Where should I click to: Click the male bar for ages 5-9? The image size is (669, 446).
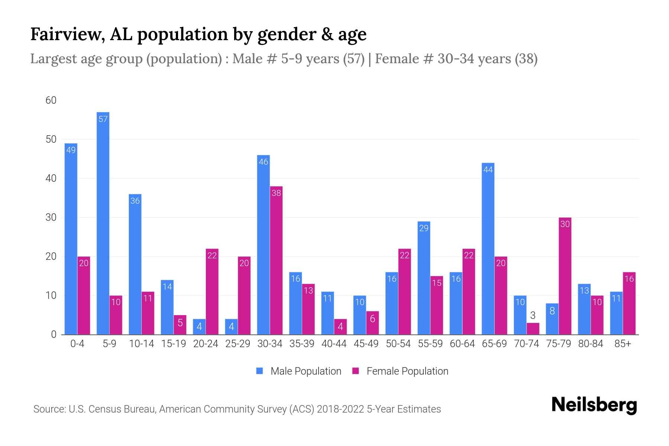pos(103,223)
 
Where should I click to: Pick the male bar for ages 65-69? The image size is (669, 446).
pos(488,249)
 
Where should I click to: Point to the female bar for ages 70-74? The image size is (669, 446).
pos(533,329)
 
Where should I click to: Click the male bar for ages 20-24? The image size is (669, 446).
pos(199,327)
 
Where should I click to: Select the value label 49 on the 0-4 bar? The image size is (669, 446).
pos(71,150)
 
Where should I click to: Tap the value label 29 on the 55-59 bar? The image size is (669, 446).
pos(424,228)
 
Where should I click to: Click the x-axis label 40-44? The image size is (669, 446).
pos(334,344)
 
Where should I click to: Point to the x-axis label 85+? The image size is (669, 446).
pos(623,344)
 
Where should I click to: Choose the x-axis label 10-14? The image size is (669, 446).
pos(141,344)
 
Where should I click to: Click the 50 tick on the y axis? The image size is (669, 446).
pos(51,139)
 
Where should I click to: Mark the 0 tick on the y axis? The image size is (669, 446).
pos(54,334)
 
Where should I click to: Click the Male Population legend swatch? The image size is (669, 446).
pos(259,371)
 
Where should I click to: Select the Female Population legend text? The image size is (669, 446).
pos(407,371)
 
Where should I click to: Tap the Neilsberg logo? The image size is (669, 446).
pos(594,405)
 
